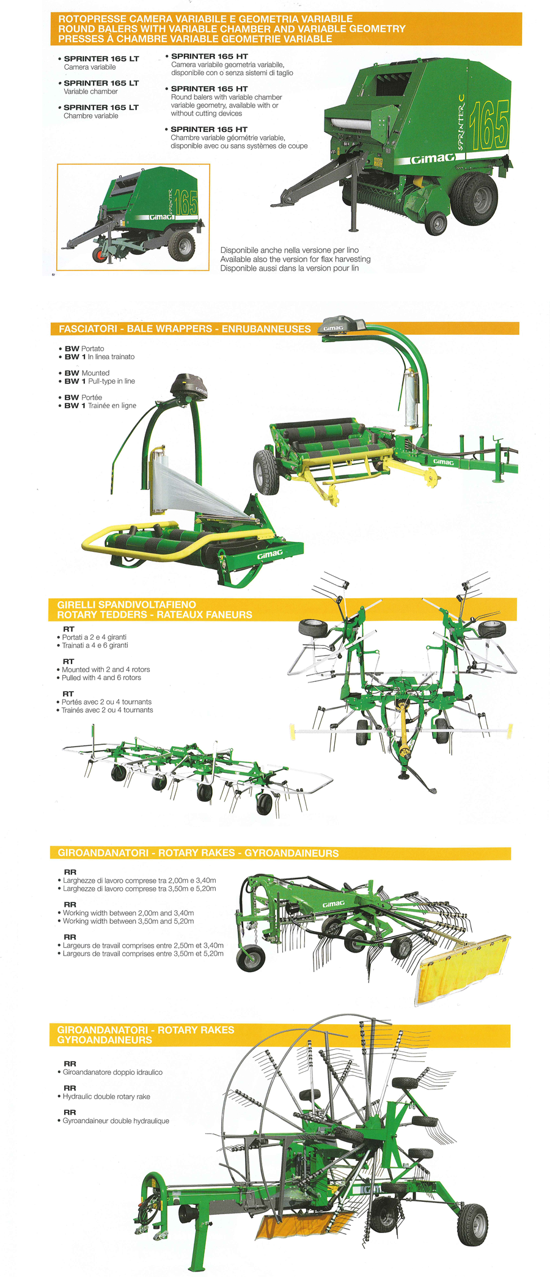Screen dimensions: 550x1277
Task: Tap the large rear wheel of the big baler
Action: pos(474,198)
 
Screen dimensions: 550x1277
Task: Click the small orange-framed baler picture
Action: pos(133,217)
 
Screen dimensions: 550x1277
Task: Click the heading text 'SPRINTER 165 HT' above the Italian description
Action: pos(209,56)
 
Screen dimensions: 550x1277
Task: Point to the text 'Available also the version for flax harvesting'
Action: pos(295,259)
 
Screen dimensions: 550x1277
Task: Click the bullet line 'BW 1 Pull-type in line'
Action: pos(100,381)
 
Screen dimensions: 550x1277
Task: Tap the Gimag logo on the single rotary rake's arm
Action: pos(333,904)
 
